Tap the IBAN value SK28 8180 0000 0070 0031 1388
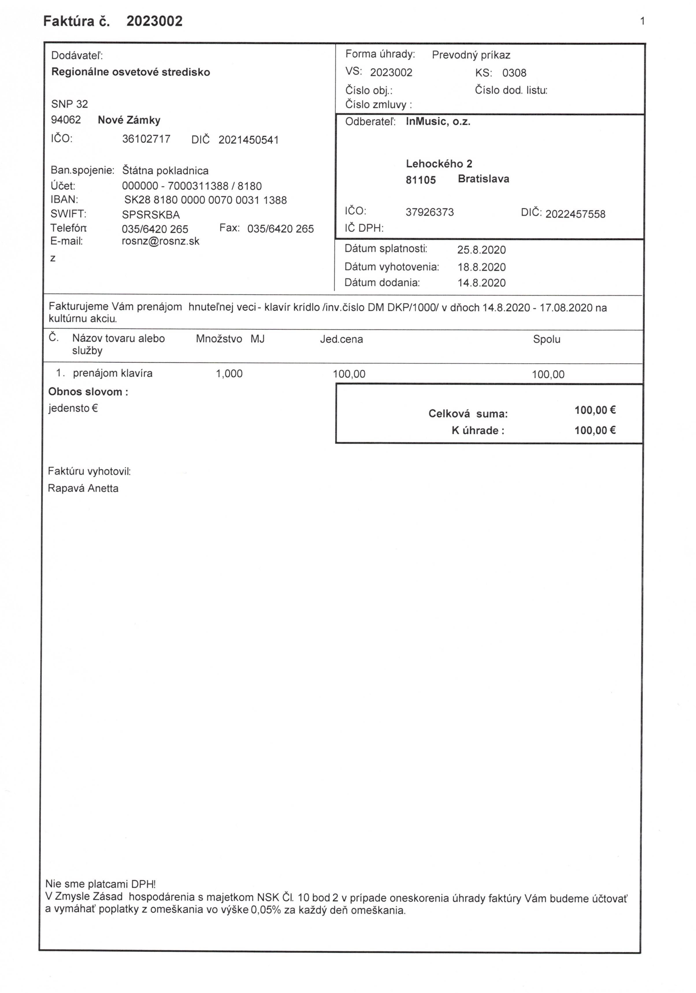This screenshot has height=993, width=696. tap(205, 200)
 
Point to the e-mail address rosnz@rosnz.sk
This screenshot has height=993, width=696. tap(160, 241)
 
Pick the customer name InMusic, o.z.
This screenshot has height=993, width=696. tap(438, 122)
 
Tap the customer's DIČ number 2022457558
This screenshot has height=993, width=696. tap(575, 214)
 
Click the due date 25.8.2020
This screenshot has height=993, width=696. tap(481, 250)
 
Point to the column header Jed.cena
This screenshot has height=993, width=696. tap(341, 339)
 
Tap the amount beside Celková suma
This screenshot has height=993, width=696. tap(594, 410)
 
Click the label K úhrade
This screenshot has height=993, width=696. tap(478, 431)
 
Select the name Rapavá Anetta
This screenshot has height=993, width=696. tap(83, 488)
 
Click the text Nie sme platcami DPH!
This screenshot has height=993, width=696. tap(100, 884)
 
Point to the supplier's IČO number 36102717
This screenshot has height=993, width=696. tap(146, 139)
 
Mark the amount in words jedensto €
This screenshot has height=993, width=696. tap(73, 408)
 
